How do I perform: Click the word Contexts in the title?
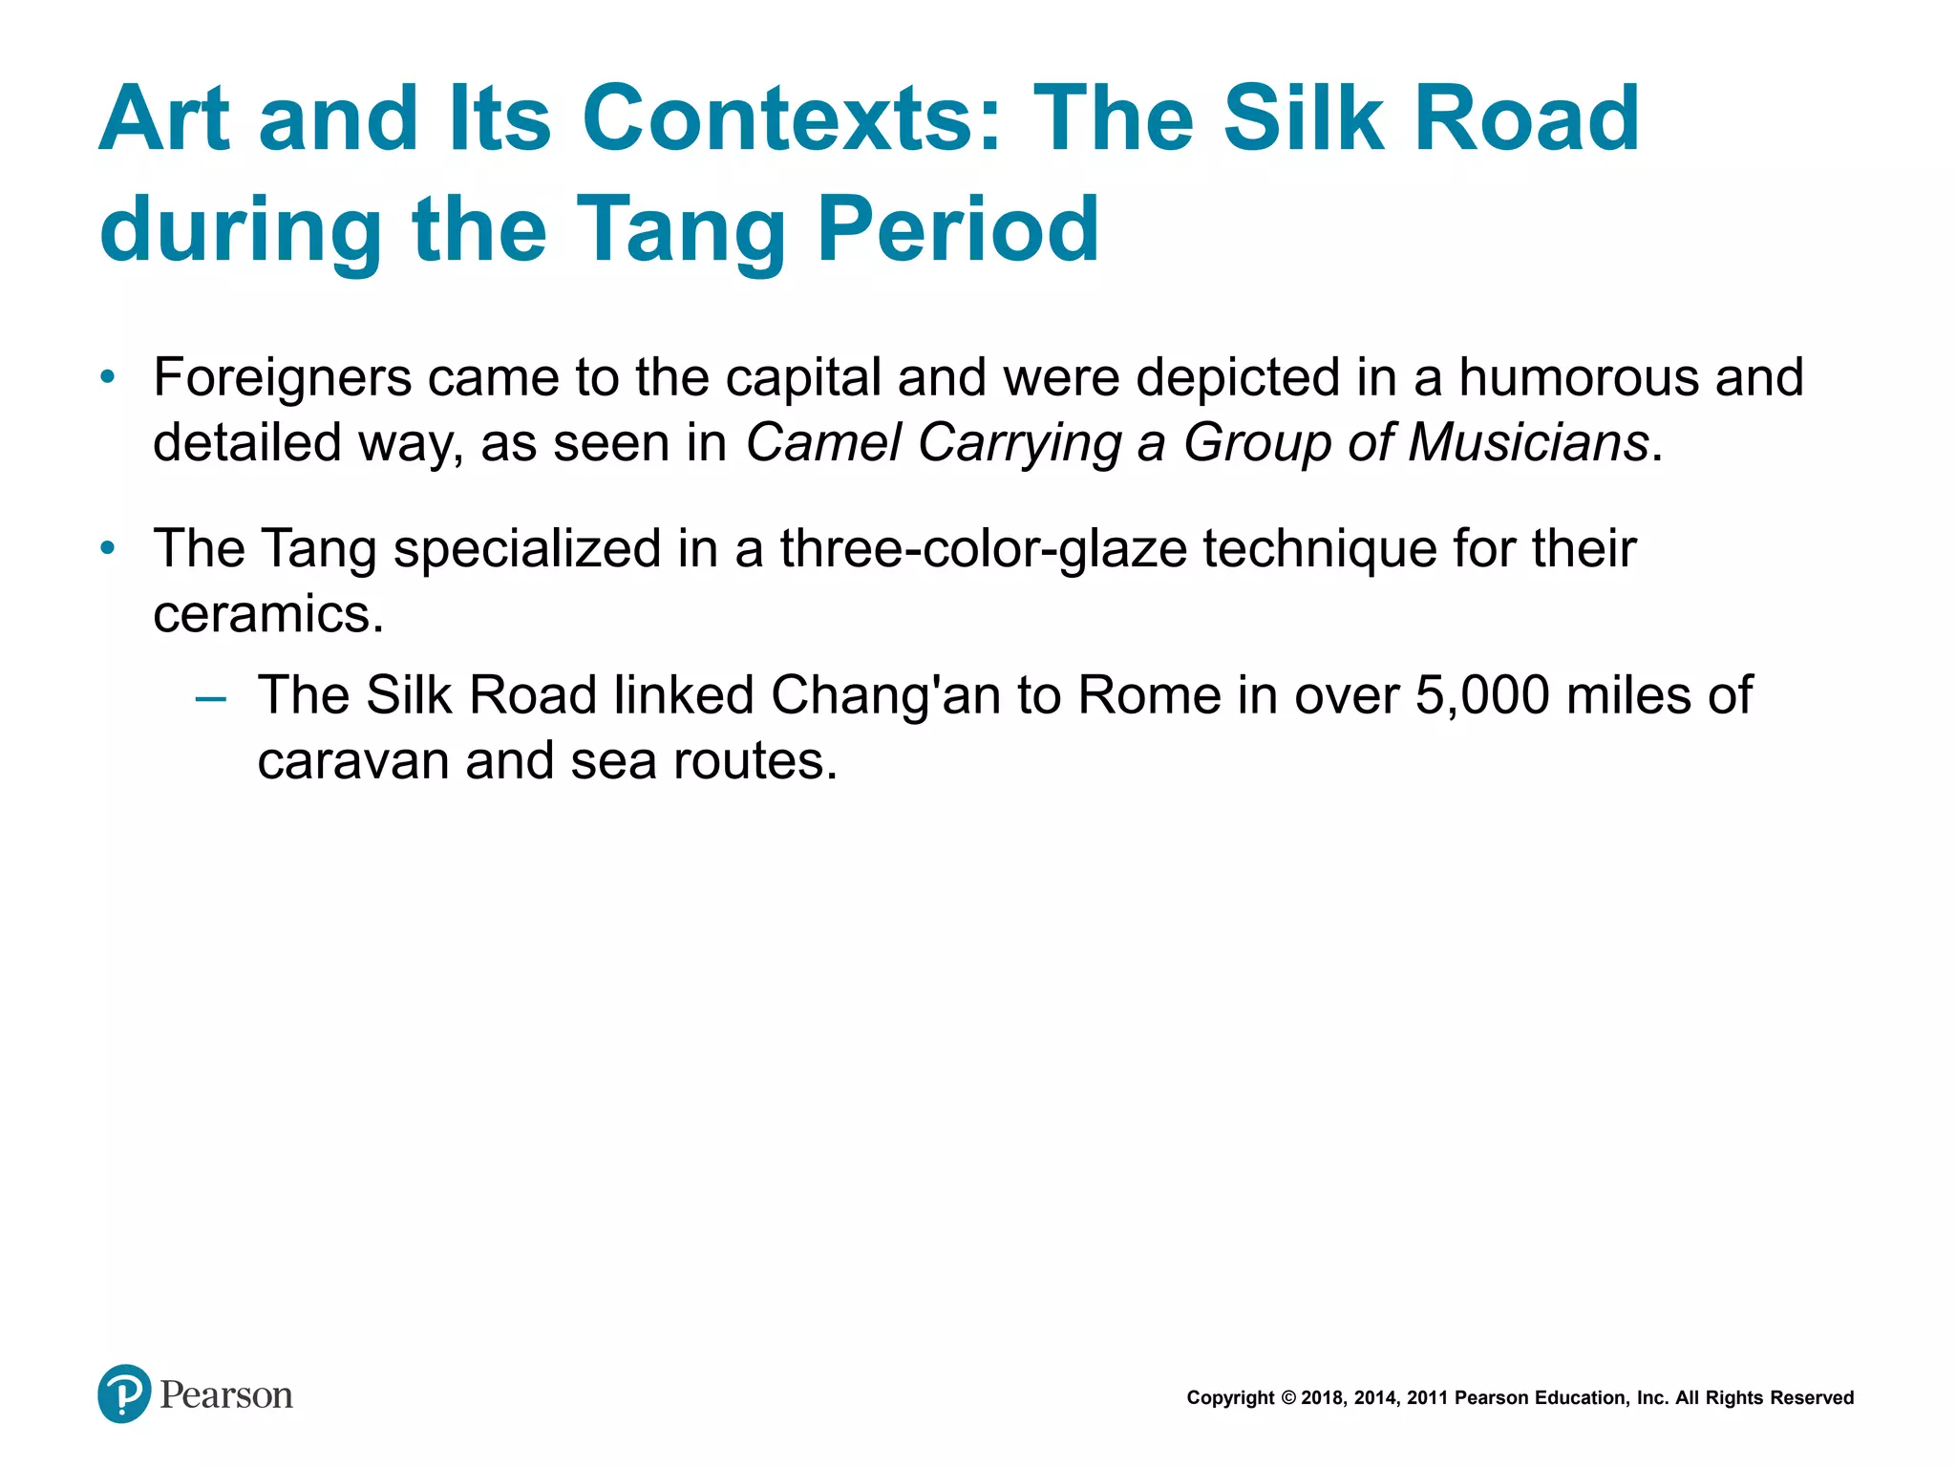point(792,118)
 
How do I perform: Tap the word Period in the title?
point(958,229)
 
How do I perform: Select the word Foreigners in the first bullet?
point(283,377)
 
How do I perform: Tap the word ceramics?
point(267,614)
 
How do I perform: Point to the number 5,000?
point(1482,695)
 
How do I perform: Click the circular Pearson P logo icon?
point(124,1394)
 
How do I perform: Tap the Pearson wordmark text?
point(226,1395)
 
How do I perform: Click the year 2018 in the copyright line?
point(1322,1398)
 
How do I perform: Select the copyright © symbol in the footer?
point(1287,1398)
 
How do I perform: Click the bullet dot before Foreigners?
point(108,377)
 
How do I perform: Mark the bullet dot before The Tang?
point(108,549)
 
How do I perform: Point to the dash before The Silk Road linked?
point(210,697)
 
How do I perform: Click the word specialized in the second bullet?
point(527,549)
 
